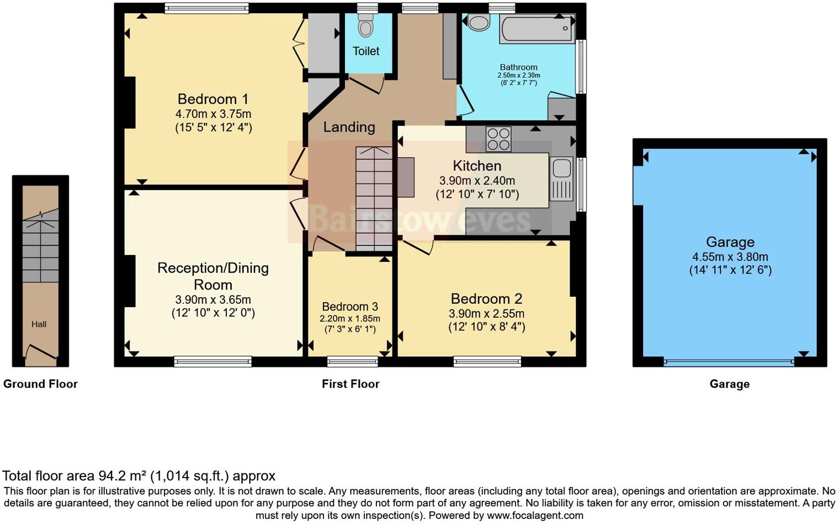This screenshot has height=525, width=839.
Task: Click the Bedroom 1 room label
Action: click(x=213, y=99)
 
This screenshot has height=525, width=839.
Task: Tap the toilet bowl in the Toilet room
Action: click(x=365, y=25)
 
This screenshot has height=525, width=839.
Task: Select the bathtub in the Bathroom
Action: click(x=537, y=29)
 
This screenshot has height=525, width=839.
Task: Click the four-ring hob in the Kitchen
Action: click(x=498, y=139)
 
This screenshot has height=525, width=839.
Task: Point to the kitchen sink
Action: click(x=561, y=179)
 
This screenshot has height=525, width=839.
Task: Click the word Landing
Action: click(x=349, y=127)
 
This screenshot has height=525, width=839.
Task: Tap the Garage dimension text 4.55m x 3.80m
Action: click(x=730, y=256)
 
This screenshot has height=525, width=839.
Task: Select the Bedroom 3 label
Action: click(x=350, y=307)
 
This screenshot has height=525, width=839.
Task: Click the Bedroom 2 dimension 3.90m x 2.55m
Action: click(x=486, y=314)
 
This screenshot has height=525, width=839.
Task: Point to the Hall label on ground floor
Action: click(x=39, y=324)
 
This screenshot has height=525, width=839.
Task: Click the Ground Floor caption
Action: click(x=40, y=384)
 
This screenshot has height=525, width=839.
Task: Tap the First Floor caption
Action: click(x=351, y=384)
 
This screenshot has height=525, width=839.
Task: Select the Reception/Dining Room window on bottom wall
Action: click(x=213, y=361)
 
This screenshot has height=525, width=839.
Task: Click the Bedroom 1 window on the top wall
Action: click(x=207, y=8)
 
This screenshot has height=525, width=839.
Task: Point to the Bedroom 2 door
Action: click(x=417, y=248)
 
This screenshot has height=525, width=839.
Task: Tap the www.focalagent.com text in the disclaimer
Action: click(x=535, y=516)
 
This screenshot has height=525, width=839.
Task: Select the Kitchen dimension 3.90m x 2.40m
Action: click(x=477, y=181)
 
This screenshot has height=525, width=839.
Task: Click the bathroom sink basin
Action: click(x=479, y=23)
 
